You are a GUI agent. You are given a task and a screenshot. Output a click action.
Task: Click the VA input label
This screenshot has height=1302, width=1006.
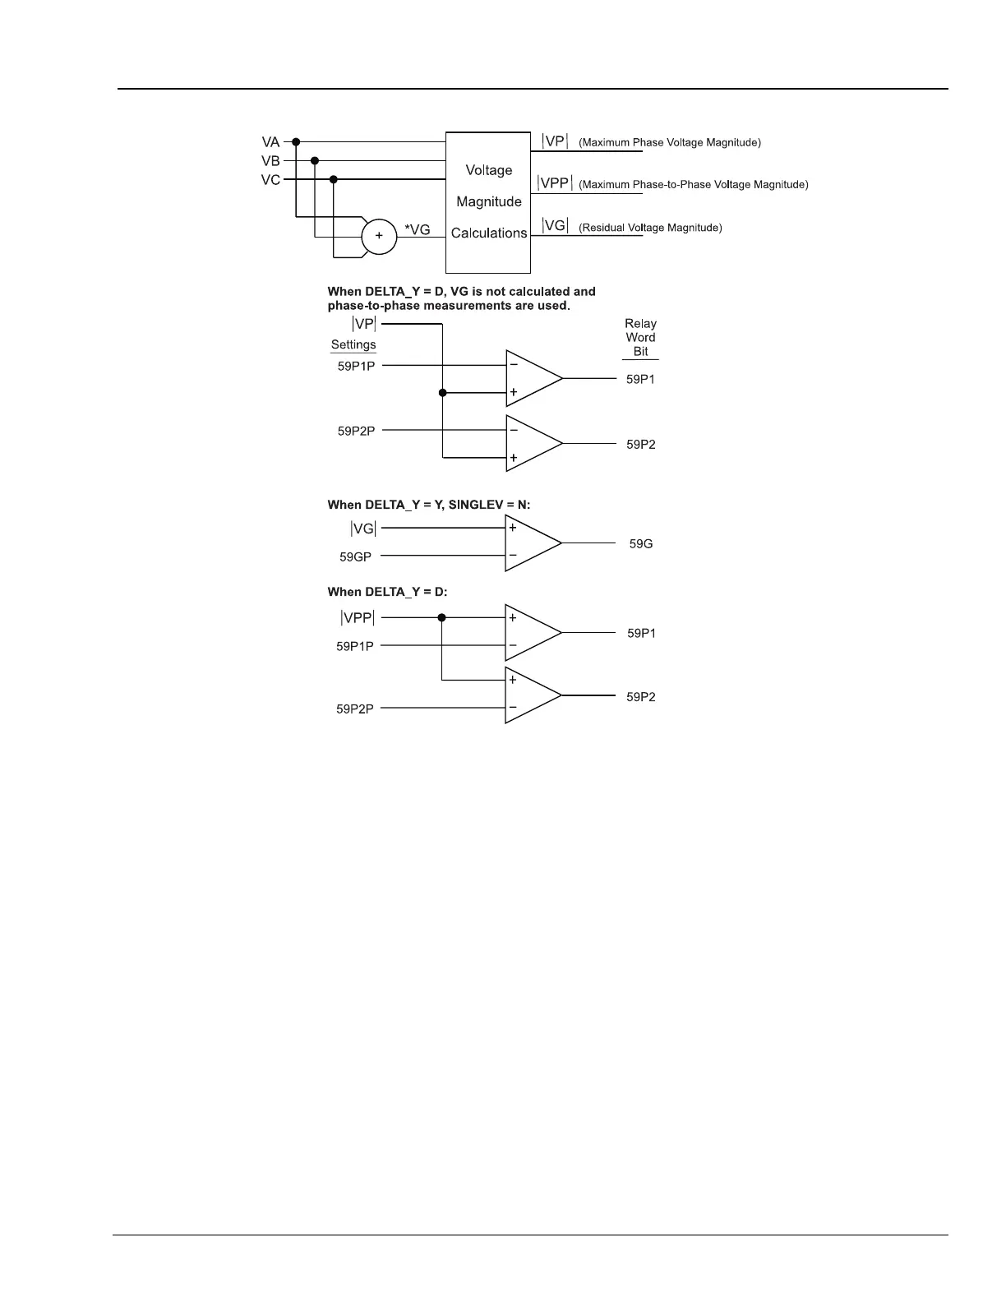click(270, 142)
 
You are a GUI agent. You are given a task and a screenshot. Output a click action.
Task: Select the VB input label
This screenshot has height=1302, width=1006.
click(270, 161)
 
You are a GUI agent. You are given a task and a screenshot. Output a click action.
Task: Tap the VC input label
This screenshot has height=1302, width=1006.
click(270, 180)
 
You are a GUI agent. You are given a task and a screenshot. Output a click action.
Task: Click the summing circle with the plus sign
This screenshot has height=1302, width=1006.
click(379, 236)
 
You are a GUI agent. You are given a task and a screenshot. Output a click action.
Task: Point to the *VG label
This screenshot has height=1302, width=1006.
click(417, 230)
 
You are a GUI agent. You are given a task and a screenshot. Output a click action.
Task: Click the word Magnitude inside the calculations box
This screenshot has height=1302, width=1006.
click(489, 201)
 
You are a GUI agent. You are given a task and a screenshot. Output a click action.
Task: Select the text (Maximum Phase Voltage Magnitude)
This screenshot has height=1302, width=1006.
click(670, 143)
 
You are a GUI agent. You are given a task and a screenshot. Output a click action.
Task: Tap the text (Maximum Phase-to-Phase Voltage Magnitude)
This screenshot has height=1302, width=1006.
click(694, 185)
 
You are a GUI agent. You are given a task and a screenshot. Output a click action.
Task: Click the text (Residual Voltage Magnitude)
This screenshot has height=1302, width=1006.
click(650, 228)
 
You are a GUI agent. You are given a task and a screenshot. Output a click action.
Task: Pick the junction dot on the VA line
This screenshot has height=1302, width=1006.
click(296, 141)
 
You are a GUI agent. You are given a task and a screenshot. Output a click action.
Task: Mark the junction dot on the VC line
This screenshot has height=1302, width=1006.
click(333, 179)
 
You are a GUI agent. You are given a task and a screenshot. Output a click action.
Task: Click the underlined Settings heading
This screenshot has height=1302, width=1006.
click(353, 345)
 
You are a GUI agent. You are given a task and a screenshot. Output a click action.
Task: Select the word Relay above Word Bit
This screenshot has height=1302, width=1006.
click(640, 324)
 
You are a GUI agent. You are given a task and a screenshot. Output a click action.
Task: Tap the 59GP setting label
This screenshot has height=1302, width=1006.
click(355, 557)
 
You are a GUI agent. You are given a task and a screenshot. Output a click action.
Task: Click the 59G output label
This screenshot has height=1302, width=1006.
click(641, 544)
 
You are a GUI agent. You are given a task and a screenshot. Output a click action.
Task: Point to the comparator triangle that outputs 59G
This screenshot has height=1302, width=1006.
click(530, 543)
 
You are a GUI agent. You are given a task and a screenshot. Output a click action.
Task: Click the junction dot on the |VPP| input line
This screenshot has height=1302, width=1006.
click(442, 617)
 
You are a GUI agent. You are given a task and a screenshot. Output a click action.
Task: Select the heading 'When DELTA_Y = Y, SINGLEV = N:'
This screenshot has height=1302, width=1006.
click(429, 505)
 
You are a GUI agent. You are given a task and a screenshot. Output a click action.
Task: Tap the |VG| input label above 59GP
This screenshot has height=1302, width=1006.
click(363, 529)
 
